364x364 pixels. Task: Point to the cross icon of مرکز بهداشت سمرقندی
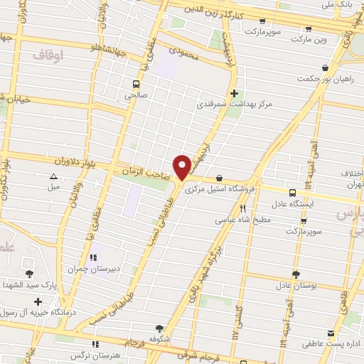click(x=234, y=93)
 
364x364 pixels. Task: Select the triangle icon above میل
click(x=54, y=177)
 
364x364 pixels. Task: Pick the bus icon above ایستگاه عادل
click(x=292, y=193)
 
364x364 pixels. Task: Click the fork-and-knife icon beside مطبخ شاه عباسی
click(x=243, y=208)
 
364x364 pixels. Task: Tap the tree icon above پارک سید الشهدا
click(x=29, y=274)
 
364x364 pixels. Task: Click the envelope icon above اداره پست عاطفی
click(x=330, y=333)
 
